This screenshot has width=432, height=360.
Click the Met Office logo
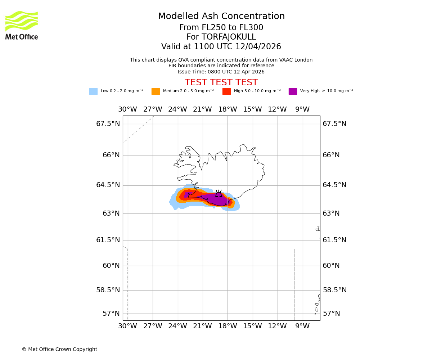pyautogui.click(x=22, y=25)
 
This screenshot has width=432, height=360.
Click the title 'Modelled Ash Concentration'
pyautogui.click(x=221, y=17)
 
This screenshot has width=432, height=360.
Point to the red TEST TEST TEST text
pyautogui.click(x=221, y=82)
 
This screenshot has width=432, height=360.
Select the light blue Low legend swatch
pyautogui.click(x=93, y=91)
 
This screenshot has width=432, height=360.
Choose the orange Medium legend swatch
pyautogui.click(x=156, y=91)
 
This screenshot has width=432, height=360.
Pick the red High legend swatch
pyautogui.click(x=226, y=91)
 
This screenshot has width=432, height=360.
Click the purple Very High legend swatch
pyautogui.click(x=293, y=91)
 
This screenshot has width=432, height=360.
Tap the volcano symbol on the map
pyautogui.click(x=219, y=194)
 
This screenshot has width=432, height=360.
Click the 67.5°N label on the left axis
pyautogui.click(x=108, y=124)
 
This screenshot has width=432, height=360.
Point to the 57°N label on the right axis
pyautogui.click(x=332, y=314)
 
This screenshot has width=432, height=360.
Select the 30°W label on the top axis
pyautogui.click(x=127, y=109)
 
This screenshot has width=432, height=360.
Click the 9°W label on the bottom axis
pyautogui.click(x=302, y=326)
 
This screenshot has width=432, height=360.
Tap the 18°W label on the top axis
pyautogui.click(x=228, y=109)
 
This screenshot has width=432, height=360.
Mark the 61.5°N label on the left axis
pyautogui.click(x=108, y=240)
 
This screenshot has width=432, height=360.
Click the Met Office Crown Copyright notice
pyautogui.click(x=59, y=350)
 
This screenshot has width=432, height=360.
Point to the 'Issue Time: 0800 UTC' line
pyautogui.click(x=221, y=72)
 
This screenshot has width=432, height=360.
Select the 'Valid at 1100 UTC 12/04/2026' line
pyautogui.click(x=221, y=47)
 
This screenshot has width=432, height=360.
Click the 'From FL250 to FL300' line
pyautogui.click(x=221, y=28)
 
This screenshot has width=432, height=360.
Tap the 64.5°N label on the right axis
pyautogui.click(x=334, y=185)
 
